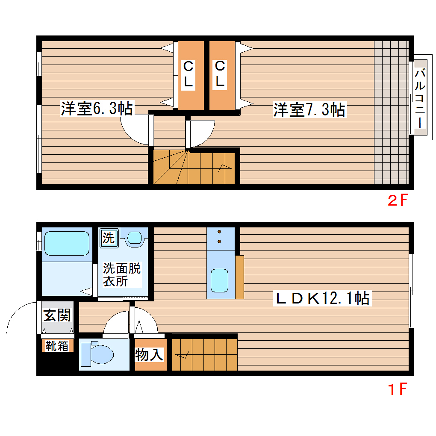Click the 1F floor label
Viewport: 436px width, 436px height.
pos(397,389)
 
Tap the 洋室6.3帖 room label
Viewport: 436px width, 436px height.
pos(96,109)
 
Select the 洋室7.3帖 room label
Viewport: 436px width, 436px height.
pos(309,110)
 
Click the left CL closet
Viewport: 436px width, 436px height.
pos(189,75)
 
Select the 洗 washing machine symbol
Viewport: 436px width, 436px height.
pos(109,238)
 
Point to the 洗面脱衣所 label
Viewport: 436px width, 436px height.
pos(121,275)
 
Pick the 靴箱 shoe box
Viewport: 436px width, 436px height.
pos(57,346)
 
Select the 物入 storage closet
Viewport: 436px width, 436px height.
pos(150,354)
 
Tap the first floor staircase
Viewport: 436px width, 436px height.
pos(204,354)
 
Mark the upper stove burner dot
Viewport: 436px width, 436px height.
pos(220,232)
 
